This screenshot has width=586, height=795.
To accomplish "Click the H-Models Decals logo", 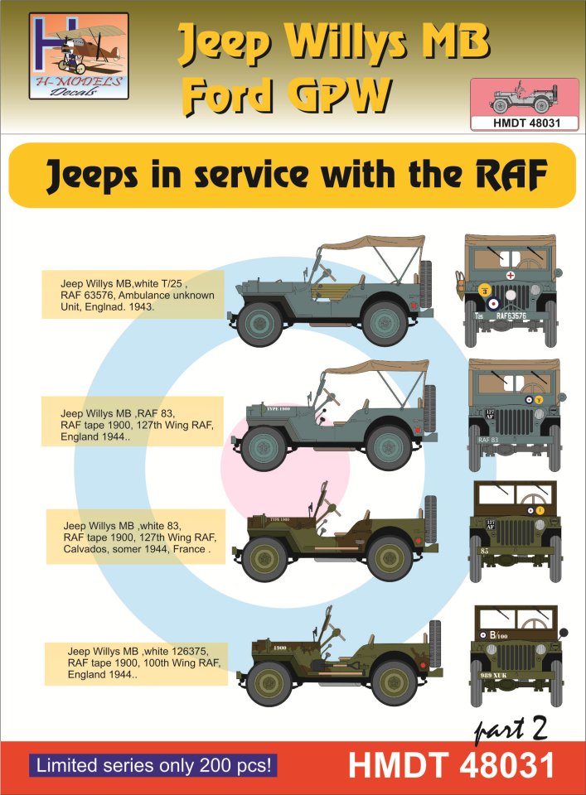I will (78, 55).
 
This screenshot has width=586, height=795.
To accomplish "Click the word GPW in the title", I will (341, 99).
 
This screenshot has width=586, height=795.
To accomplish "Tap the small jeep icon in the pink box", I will (511, 99).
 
